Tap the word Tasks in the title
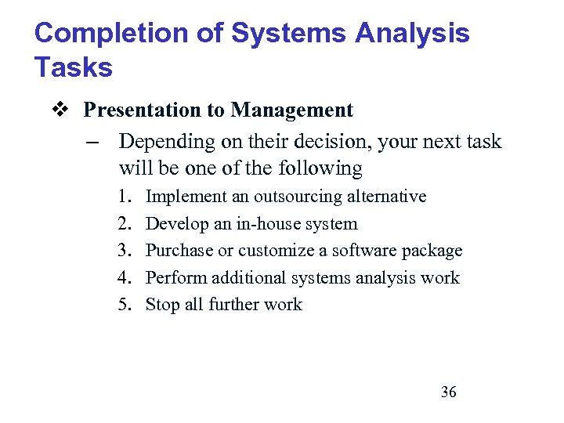click(73, 67)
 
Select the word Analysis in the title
click(412, 33)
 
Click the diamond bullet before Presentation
click(65, 110)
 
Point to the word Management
click(293, 110)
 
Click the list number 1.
click(125, 196)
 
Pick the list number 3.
click(125, 251)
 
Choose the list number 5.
click(125, 305)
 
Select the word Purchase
click(179, 251)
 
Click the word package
click(432, 251)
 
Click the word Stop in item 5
click(163, 305)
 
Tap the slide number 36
click(448, 392)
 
